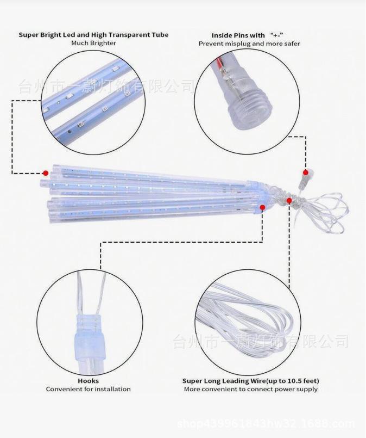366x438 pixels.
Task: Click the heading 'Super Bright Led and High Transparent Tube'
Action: pos(93,35)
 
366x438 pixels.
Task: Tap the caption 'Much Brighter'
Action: pos(93,43)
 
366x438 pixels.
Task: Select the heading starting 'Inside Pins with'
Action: pos(248,35)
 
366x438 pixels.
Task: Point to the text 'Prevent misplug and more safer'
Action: pos(249,44)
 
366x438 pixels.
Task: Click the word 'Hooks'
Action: pos(88,381)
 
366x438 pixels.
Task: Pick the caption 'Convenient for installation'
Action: pos(88,389)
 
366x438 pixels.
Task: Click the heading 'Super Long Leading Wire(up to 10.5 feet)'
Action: pos(250,381)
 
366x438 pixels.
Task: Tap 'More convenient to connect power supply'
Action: pos(250,389)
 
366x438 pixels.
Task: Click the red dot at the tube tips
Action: pos(46,173)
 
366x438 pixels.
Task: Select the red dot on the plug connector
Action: pos(306,172)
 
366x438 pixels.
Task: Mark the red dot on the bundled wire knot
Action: pos(289,201)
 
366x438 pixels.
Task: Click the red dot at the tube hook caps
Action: pos(262,207)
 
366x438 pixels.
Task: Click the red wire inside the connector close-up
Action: pos(220,64)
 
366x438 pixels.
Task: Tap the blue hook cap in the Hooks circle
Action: pos(89,330)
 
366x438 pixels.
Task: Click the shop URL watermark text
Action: pos(266,424)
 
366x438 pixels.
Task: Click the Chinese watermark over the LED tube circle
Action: pos(106,87)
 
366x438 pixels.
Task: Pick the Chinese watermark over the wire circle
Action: pos(261,341)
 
